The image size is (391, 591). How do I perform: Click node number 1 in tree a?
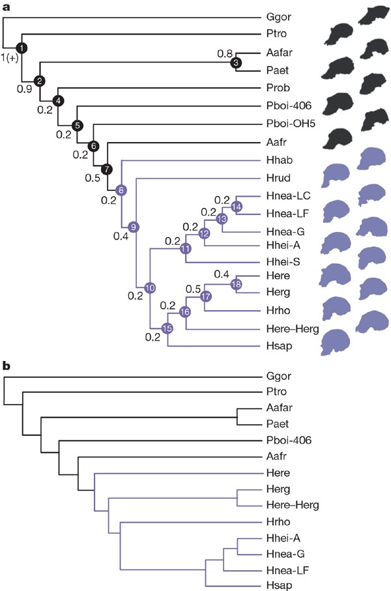pos(22,48)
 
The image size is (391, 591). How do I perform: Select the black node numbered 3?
pos(236,63)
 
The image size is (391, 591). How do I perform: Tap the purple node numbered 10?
pos(150,287)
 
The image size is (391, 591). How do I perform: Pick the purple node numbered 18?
pos(236,283)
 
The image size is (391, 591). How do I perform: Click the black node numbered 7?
pos(108,169)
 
